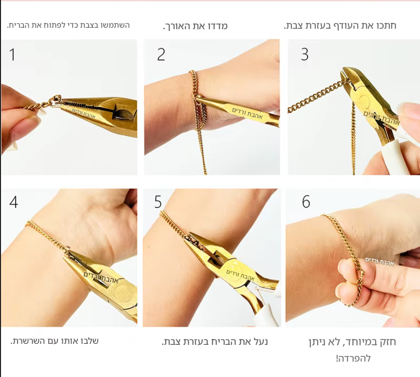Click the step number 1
click(12, 55)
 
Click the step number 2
click(161, 55)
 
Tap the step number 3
click(305, 55)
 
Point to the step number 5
click(158, 202)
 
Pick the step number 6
click(306, 202)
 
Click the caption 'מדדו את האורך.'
click(195, 26)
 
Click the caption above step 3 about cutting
click(340, 26)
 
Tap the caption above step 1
click(68, 25)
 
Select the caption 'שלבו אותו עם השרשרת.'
click(55, 341)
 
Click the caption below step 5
click(215, 342)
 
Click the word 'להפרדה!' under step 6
click(353, 358)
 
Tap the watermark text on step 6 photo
click(380, 261)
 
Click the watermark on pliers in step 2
click(247, 113)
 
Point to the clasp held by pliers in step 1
click(53, 101)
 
